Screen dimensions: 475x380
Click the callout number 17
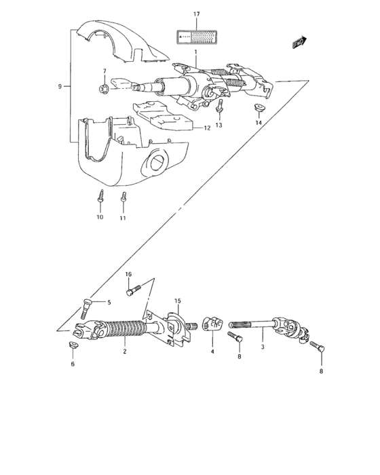(x=196, y=14)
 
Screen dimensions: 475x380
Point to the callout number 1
(x=195, y=52)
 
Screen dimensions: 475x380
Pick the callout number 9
(x=60, y=86)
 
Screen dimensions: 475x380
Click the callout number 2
(x=125, y=351)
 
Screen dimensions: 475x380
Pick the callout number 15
(x=177, y=301)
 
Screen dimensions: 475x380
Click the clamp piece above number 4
(x=212, y=327)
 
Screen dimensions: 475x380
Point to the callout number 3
(x=263, y=347)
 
